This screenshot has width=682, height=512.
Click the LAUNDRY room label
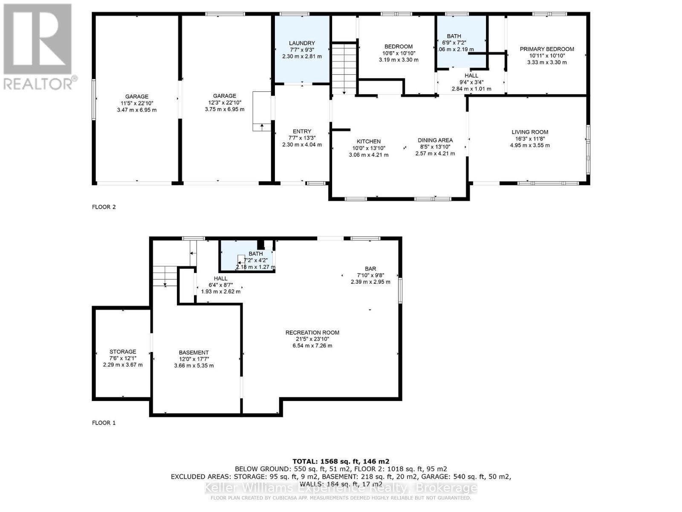(x=302, y=43)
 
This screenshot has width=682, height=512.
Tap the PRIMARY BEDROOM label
(x=547, y=49)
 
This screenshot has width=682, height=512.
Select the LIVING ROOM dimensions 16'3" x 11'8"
(x=530, y=139)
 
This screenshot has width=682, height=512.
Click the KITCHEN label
(x=369, y=141)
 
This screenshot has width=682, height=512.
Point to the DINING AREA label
(x=435, y=140)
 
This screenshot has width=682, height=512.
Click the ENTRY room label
(x=302, y=131)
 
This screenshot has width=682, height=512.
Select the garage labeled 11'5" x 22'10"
(x=137, y=103)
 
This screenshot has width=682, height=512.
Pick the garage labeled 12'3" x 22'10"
(x=225, y=102)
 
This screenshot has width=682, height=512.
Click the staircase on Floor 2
(x=344, y=68)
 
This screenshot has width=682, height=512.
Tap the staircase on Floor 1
(x=165, y=276)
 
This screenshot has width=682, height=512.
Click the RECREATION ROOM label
(x=312, y=332)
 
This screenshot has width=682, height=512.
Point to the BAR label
(x=370, y=269)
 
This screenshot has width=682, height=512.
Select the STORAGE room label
(x=123, y=352)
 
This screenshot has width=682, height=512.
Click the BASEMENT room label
(x=194, y=352)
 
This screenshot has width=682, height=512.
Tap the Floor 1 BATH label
(x=256, y=254)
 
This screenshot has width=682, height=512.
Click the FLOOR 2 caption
(x=104, y=207)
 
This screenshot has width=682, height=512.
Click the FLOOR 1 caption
(x=104, y=423)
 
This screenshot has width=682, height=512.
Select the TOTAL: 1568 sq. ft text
(x=341, y=461)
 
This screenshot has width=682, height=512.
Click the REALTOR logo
(x=38, y=47)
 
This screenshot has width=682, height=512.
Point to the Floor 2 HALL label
(x=471, y=76)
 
